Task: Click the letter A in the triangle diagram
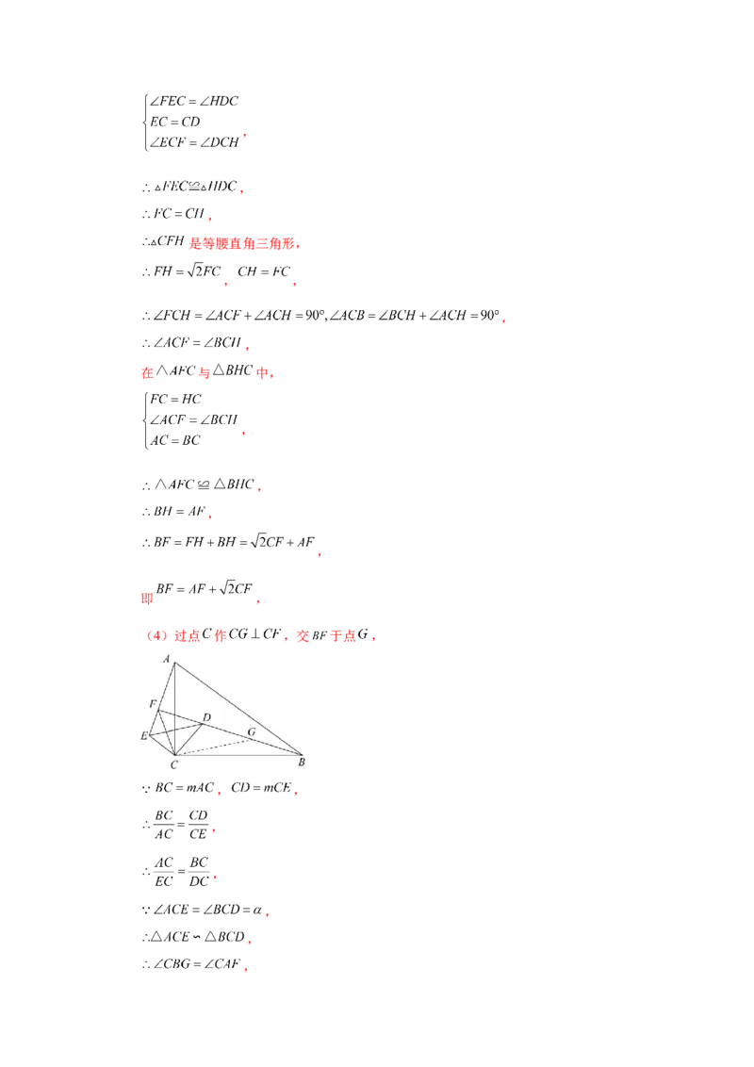(x=167, y=660)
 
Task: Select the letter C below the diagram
(x=173, y=765)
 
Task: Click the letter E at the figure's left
(x=144, y=735)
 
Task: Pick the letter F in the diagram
(x=153, y=703)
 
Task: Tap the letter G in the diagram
(x=251, y=731)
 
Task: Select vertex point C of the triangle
(x=174, y=754)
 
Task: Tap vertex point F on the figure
(x=159, y=709)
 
